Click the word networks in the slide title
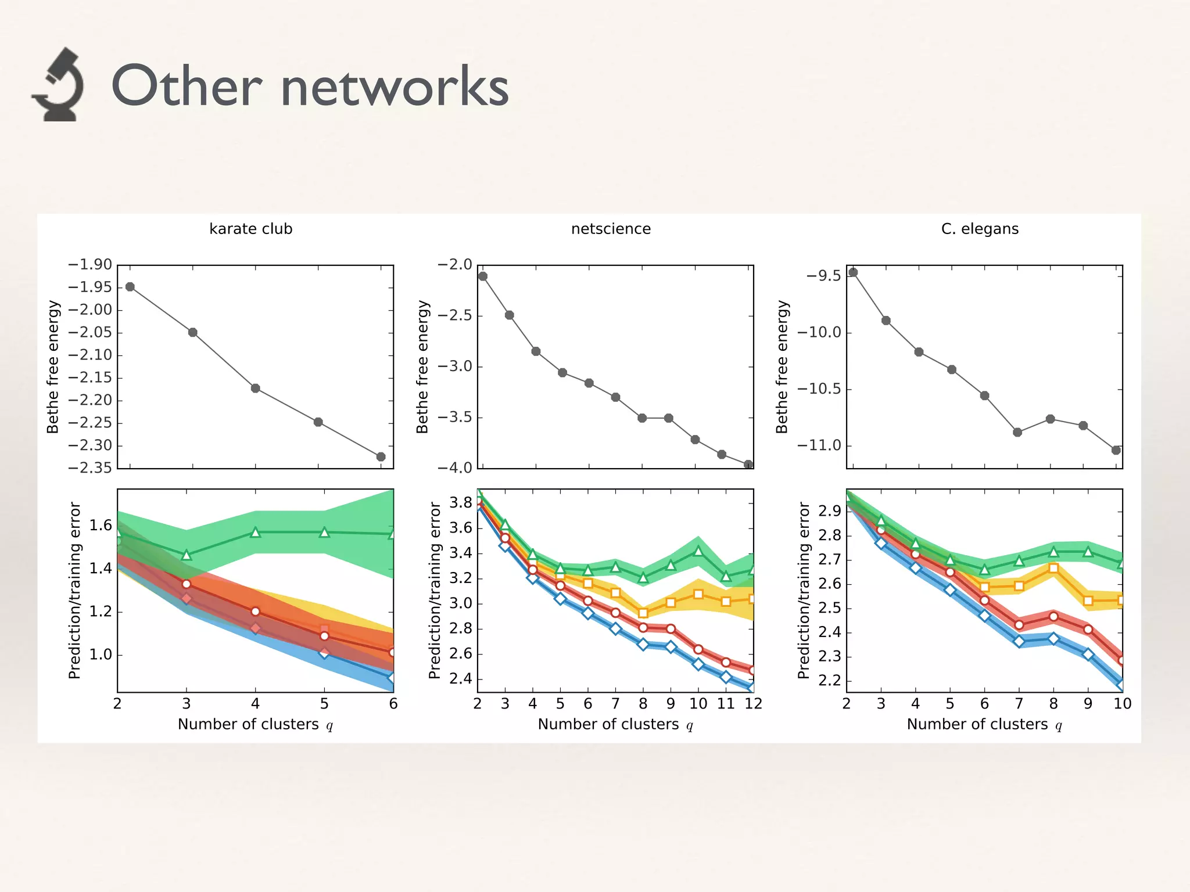[395, 87]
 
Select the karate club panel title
[250, 229]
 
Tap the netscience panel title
[611, 229]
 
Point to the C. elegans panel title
[980, 229]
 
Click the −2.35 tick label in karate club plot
[90, 468]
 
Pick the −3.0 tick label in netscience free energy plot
[454, 366]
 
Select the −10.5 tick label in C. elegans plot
[819, 389]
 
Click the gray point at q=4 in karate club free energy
[255, 388]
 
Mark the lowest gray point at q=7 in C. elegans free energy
[1017, 432]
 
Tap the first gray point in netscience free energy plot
[483, 276]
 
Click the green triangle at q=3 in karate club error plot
[187, 556]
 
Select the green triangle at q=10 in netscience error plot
[698, 551]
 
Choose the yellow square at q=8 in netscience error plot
[643, 613]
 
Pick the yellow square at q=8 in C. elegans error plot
[1053, 569]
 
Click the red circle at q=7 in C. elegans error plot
[1019, 625]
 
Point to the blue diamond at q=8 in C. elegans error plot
[1053, 639]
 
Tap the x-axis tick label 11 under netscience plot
[726, 704]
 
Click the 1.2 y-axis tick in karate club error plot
[100, 612]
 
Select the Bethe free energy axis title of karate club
[53, 367]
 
